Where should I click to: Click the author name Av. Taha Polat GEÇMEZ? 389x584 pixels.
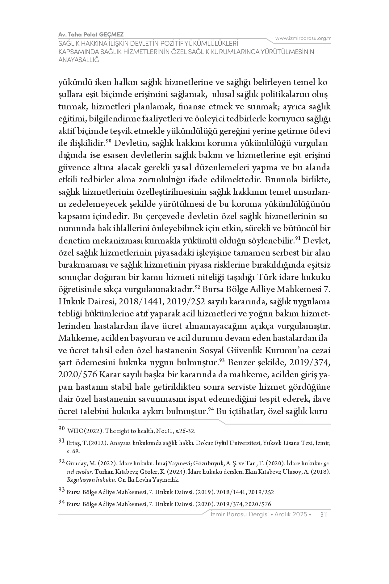point(91,34)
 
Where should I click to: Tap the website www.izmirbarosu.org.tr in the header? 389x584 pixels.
point(303,38)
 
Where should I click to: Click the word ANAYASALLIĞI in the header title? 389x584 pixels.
point(80,60)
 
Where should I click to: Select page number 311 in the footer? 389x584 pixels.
point(324,514)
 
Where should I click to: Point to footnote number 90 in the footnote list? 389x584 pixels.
point(61,429)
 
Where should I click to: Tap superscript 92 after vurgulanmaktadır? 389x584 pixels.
point(198,287)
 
